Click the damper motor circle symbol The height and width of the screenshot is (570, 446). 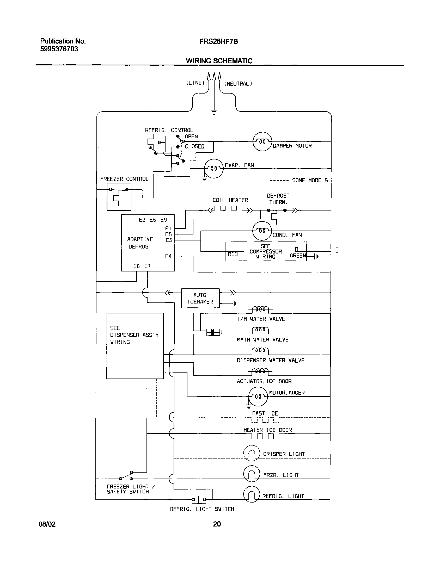click(x=262, y=142)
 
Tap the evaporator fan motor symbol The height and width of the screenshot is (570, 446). click(x=213, y=169)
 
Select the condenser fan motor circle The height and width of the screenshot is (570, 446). click(x=262, y=231)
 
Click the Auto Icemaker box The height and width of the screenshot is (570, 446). click(x=200, y=298)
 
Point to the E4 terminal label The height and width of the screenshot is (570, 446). click(x=168, y=256)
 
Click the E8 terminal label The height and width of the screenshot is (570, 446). click(x=136, y=266)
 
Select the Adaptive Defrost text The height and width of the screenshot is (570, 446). click(x=140, y=243)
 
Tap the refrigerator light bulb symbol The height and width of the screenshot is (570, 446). click(x=251, y=494)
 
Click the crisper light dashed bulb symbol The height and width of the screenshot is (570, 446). click(x=251, y=453)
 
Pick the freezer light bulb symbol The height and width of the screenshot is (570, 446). click(x=251, y=474)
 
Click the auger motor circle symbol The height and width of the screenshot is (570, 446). click(x=258, y=396)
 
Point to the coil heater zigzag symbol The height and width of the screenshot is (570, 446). click(x=230, y=209)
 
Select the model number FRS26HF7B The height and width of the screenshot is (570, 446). click(x=218, y=41)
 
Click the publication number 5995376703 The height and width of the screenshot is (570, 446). click(x=59, y=49)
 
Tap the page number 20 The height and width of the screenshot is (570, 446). click(x=217, y=524)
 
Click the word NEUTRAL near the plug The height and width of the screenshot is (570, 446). click(x=238, y=84)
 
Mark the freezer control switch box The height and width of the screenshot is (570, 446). click(x=119, y=197)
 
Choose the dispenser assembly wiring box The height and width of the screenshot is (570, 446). click(x=135, y=346)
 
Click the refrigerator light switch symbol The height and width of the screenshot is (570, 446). click(x=199, y=500)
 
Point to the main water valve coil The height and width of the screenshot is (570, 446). click(x=260, y=330)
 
